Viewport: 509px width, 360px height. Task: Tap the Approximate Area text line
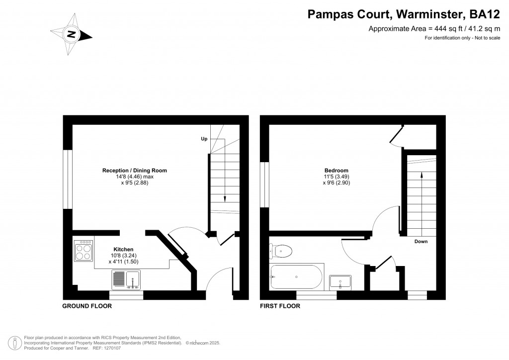[x=433, y=29]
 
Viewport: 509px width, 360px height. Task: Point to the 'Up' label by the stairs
[x=204, y=139]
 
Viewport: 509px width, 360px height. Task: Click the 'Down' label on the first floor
[x=421, y=242]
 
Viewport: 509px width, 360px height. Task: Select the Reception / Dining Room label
[x=134, y=171]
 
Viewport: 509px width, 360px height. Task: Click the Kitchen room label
[x=123, y=249]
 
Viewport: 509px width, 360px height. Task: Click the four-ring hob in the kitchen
[x=83, y=251]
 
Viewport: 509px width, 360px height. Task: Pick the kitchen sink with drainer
[x=126, y=279]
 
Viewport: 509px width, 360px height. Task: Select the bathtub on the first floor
[x=297, y=276]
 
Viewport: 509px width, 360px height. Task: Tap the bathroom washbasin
[x=340, y=282]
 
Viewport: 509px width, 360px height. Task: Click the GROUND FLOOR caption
[x=86, y=306]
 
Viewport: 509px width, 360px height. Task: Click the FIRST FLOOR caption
[x=280, y=306]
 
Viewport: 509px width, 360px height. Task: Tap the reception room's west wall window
[x=68, y=179]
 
